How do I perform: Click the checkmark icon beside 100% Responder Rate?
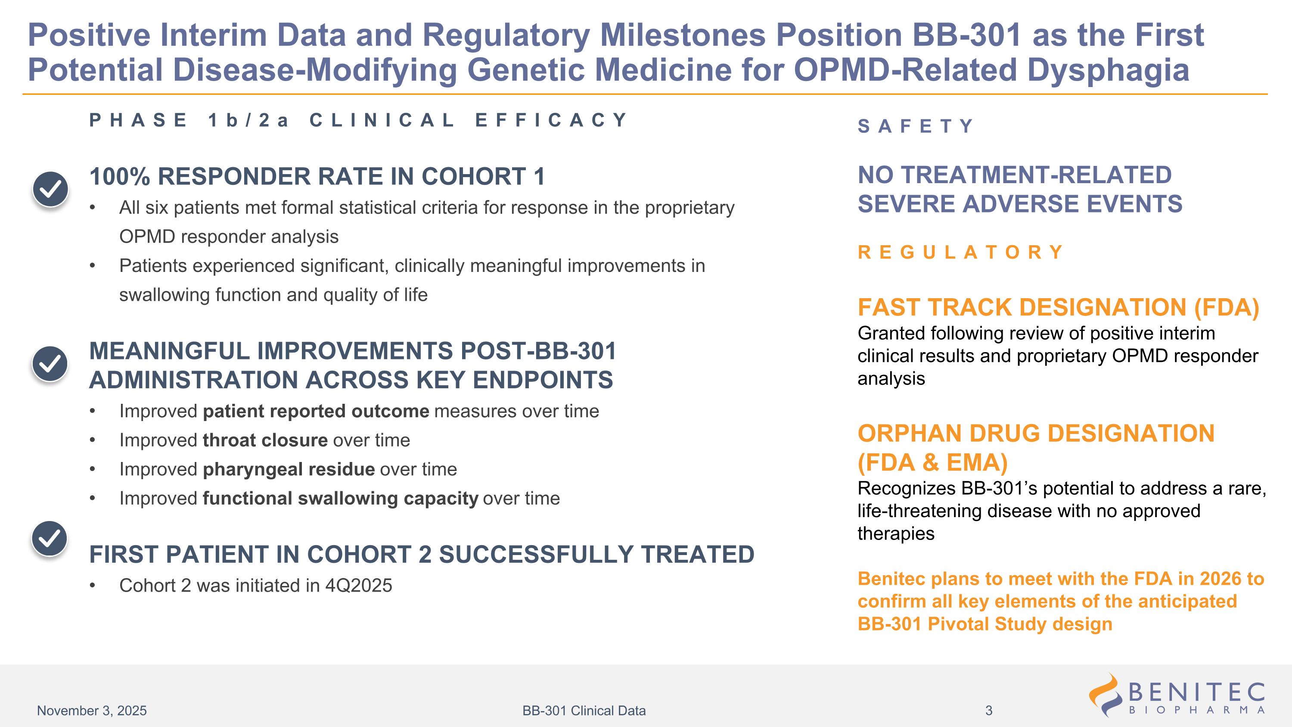pos(50,189)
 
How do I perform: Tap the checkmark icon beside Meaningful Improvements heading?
pos(50,364)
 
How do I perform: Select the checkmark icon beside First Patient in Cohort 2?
pos(50,539)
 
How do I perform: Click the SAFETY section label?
pos(915,126)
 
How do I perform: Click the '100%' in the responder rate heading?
pos(119,177)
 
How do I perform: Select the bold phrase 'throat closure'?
pos(265,440)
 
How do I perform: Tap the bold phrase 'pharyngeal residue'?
pos(289,470)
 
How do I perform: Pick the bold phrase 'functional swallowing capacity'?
pos(341,499)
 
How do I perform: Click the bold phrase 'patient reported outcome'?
pos(316,412)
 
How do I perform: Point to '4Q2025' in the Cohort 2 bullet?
pos(359,586)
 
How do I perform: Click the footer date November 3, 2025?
pos(92,711)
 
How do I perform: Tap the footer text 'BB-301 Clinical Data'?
pos(584,711)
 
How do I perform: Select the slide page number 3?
pos(988,711)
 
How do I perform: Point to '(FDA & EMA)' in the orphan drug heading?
pos(932,462)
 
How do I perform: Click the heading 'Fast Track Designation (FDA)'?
pos(1058,308)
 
